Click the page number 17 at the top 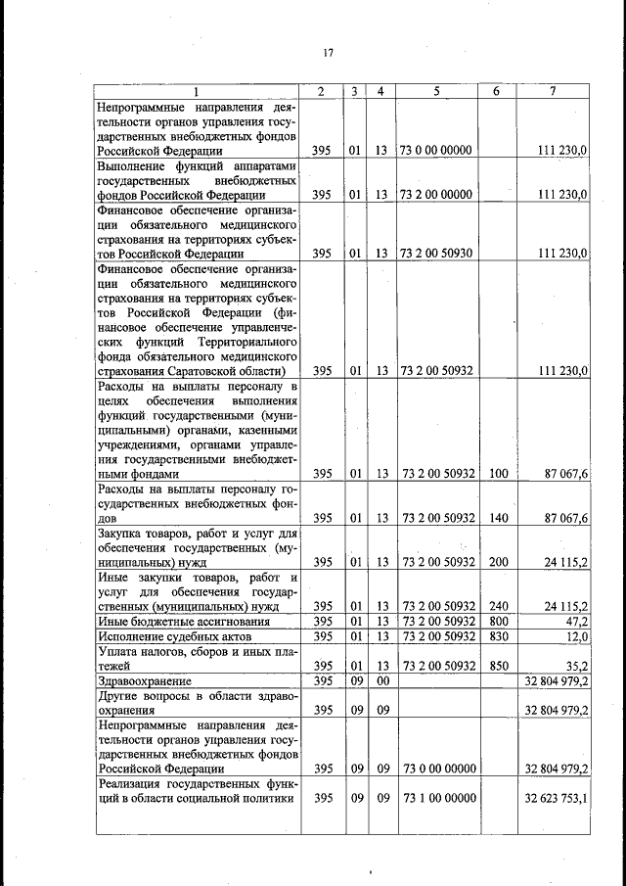point(328,53)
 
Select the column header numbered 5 point(436,91)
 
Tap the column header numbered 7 point(554,91)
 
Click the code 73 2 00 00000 point(436,195)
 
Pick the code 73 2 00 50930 point(436,254)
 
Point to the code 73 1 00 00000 point(436,799)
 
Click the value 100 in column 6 point(498,474)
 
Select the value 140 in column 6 point(498,518)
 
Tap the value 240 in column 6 point(498,606)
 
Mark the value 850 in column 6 point(498,666)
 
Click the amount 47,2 point(573,622)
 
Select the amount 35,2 point(573,666)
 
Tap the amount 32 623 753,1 point(556,799)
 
